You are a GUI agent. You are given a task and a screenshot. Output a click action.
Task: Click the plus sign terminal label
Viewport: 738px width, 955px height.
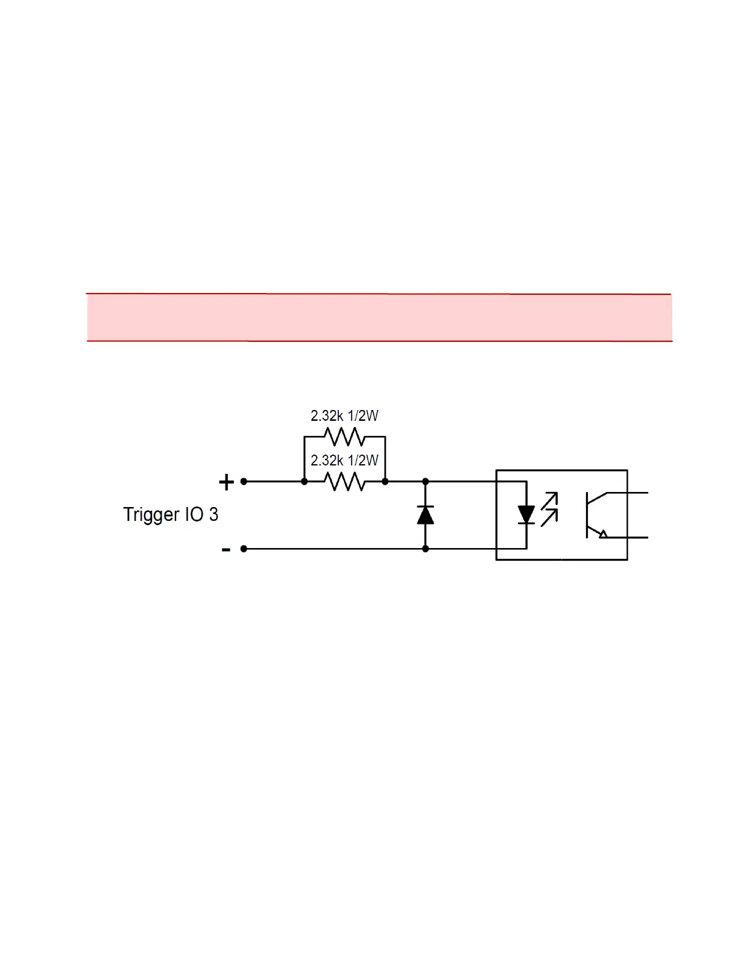226,482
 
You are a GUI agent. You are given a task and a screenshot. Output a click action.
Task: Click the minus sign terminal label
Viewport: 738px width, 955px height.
226,549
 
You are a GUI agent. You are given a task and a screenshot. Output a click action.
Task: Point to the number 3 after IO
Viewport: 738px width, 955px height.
213,514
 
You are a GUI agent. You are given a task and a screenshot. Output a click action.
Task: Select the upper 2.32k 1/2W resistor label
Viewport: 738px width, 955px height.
344,415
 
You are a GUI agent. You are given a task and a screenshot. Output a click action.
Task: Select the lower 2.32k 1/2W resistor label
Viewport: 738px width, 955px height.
344,461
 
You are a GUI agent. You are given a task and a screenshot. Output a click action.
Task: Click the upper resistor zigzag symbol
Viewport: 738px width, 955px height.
344,436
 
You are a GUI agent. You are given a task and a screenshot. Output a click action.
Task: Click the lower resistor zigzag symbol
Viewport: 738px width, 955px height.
344,482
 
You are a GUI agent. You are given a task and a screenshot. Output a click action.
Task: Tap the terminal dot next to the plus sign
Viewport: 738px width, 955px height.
244,482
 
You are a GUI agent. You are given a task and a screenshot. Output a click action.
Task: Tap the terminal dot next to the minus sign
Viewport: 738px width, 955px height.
244,549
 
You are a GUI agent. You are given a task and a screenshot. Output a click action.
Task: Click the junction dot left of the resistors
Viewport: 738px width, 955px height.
304,482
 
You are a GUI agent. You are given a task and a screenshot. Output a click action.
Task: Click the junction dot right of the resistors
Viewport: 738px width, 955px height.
385,482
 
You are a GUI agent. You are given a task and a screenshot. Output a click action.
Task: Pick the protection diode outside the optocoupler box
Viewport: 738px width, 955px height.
426,515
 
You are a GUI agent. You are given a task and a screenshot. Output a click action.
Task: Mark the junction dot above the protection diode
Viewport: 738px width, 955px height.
426,482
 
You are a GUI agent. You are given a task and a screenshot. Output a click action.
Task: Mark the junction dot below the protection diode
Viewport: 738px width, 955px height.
426,549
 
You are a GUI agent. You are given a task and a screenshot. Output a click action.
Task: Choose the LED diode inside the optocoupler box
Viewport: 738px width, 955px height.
526,515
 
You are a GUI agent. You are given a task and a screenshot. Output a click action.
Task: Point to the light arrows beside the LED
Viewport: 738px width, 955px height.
549,509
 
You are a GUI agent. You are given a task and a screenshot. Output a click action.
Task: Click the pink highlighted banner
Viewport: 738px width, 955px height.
379,318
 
